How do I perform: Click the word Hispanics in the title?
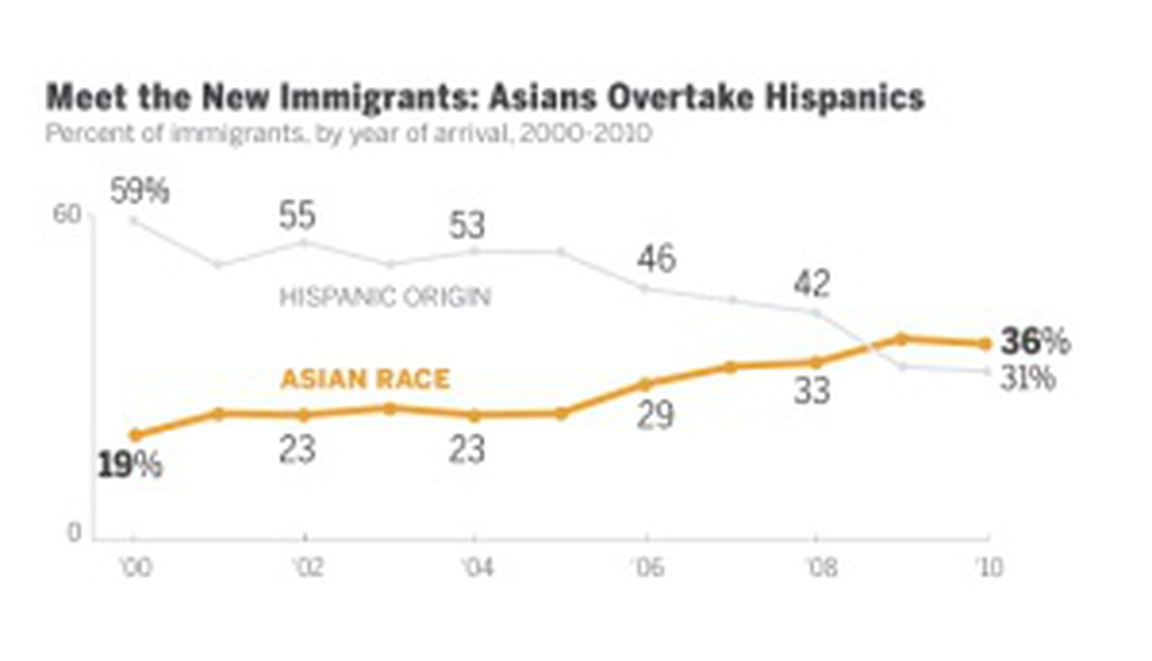click(x=845, y=98)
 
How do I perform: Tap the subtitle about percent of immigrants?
click(x=348, y=133)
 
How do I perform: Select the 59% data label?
click(x=140, y=191)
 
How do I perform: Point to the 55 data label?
click(x=297, y=215)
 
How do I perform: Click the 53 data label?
click(x=467, y=225)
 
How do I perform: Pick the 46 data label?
click(x=657, y=259)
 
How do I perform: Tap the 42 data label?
click(x=812, y=283)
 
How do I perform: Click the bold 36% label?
click(x=1036, y=342)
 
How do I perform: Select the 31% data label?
click(x=1029, y=378)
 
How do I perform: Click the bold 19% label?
click(x=129, y=465)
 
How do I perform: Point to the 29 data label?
click(x=656, y=416)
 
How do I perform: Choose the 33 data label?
click(x=812, y=390)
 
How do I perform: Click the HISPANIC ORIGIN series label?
click(x=385, y=297)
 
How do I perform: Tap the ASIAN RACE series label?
click(x=366, y=379)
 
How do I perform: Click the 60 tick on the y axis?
click(x=66, y=215)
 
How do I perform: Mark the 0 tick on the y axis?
click(x=74, y=533)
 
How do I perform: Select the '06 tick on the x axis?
click(x=648, y=568)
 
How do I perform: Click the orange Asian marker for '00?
click(x=135, y=435)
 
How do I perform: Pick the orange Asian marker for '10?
click(x=986, y=344)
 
